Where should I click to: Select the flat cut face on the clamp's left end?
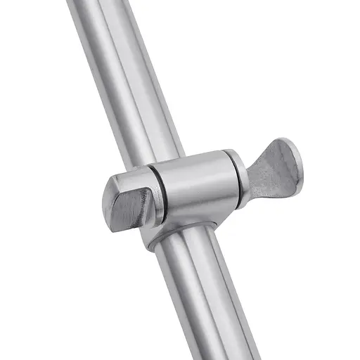point(131,207)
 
